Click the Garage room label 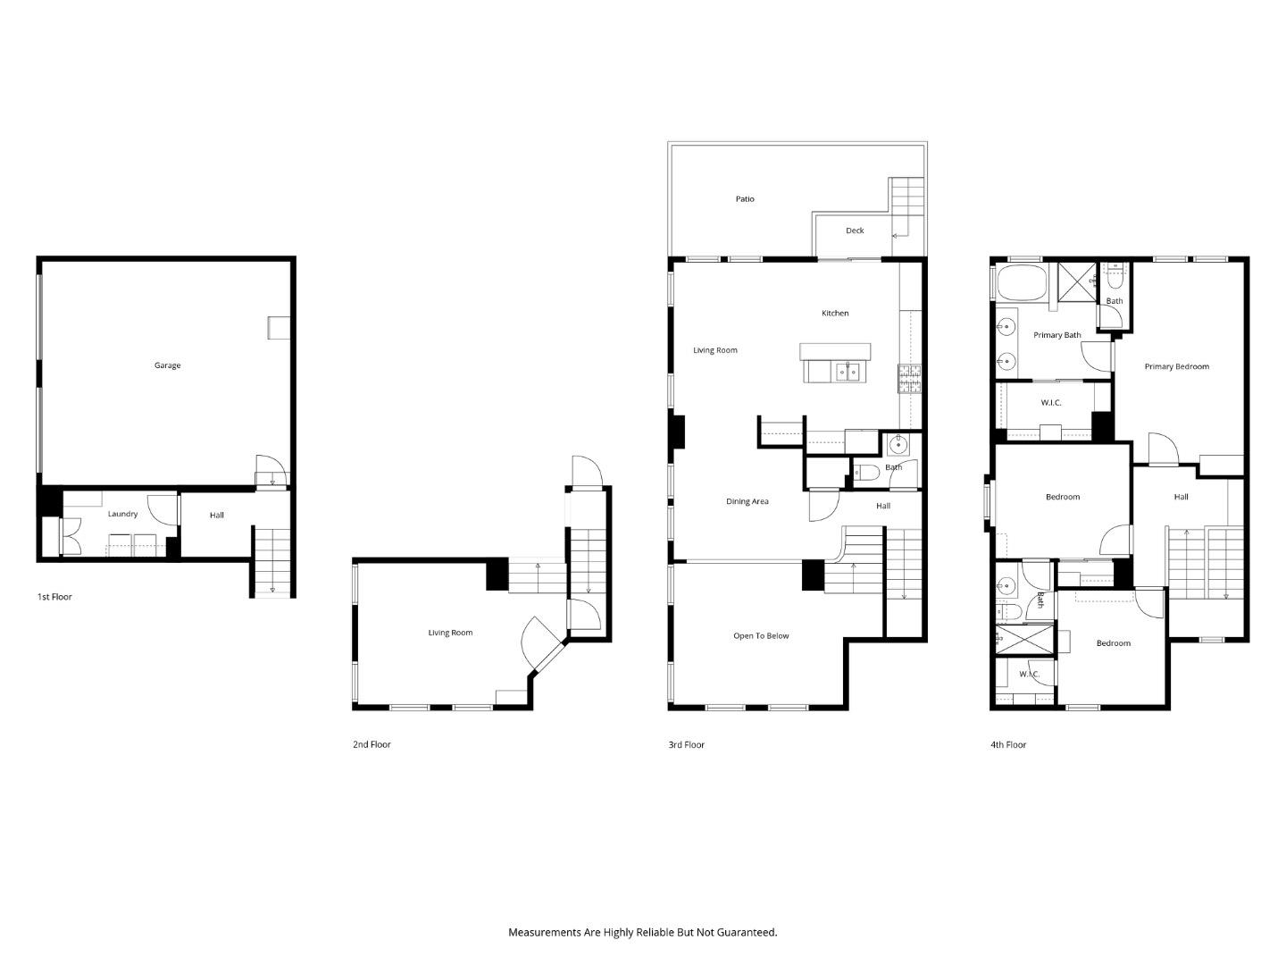pyautogui.click(x=167, y=365)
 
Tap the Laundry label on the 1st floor pyautogui.click(x=122, y=514)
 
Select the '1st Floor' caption pyautogui.click(x=54, y=597)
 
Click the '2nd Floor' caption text pyautogui.click(x=372, y=744)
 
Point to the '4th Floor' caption pyautogui.click(x=1008, y=744)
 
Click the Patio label pyautogui.click(x=745, y=199)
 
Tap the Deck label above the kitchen pyautogui.click(x=855, y=231)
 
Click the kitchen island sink pyautogui.click(x=848, y=371)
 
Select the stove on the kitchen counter pyautogui.click(x=909, y=379)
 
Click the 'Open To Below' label pyautogui.click(x=761, y=636)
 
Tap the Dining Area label pyautogui.click(x=747, y=501)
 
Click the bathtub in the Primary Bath pyautogui.click(x=1020, y=282)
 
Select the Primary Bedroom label pyautogui.click(x=1176, y=366)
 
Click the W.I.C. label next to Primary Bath pyautogui.click(x=1050, y=403)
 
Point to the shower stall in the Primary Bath pyautogui.click(x=1077, y=281)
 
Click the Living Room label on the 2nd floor pyautogui.click(x=450, y=633)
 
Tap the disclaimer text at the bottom pyautogui.click(x=642, y=932)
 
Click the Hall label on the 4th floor pyautogui.click(x=1181, y=497)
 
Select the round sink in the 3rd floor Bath pyautogui.click(x=898, y=444)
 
